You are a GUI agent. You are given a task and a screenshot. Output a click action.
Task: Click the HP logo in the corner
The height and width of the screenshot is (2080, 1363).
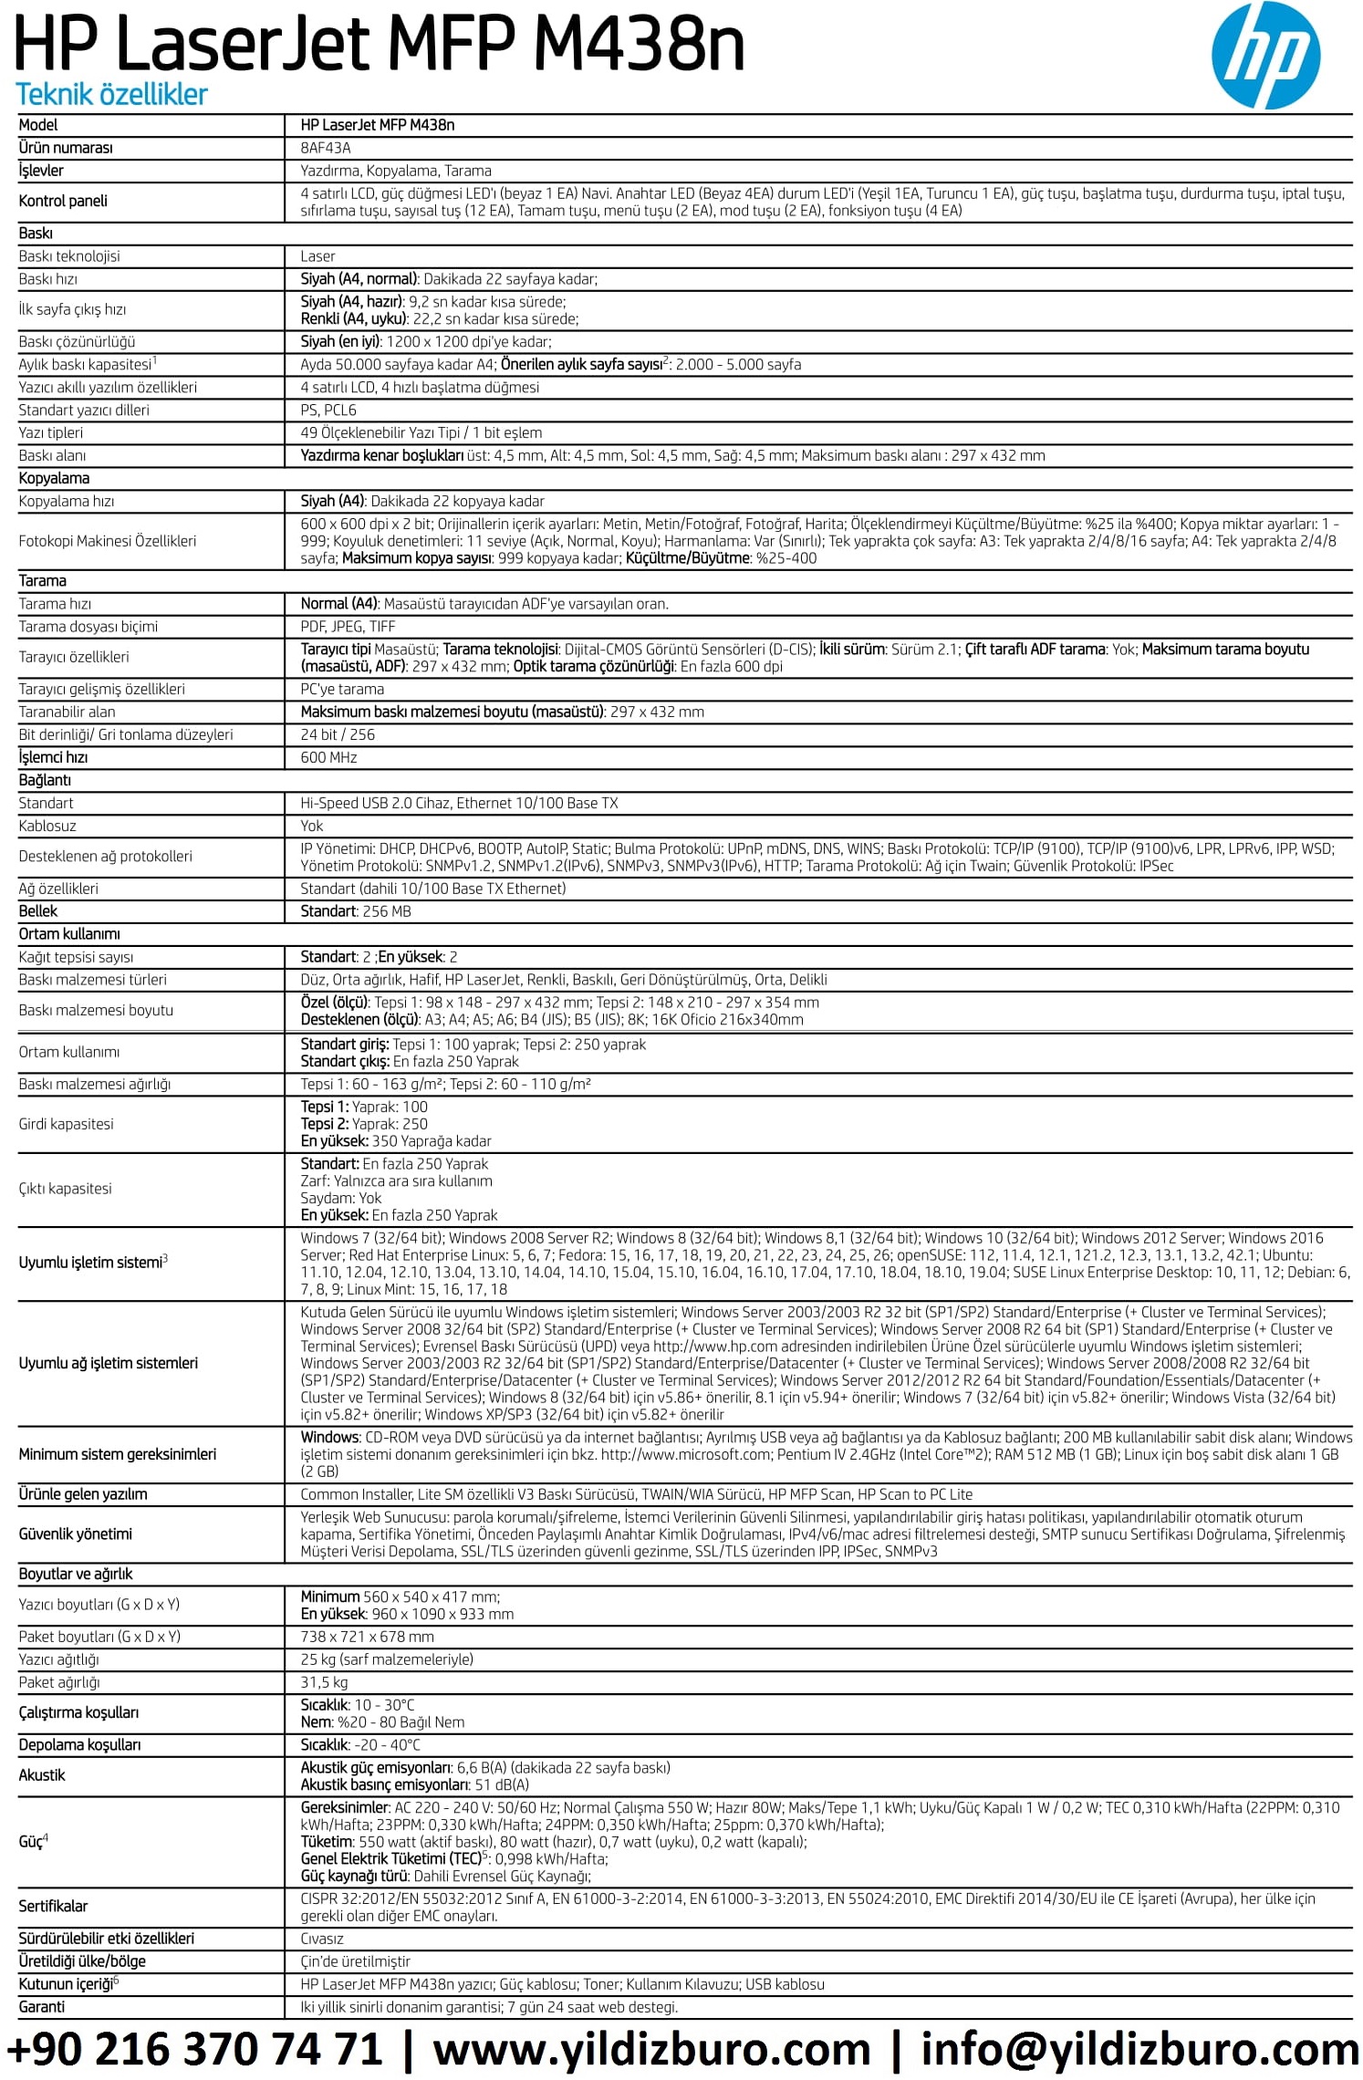click(1264, 57)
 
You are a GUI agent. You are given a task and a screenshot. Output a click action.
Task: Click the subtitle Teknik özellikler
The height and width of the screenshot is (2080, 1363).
click(111, 94)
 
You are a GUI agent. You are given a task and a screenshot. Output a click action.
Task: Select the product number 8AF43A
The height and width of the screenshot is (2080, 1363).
click(326, 148)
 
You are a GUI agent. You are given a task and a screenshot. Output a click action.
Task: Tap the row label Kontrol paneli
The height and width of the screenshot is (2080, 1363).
click(63, 201)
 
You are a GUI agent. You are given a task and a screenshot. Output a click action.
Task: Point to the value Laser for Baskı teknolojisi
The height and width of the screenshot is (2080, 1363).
click(317, 256)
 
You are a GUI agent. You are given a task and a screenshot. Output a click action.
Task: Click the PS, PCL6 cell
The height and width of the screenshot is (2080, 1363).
click(328, 410)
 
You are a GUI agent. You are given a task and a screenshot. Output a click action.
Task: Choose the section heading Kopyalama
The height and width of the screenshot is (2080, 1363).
click(54, 478)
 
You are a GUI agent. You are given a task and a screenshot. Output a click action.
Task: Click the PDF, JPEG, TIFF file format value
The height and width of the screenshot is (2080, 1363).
click(348, 627)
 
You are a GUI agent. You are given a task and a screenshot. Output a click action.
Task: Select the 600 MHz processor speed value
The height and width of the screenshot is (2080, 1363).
click(328, 757)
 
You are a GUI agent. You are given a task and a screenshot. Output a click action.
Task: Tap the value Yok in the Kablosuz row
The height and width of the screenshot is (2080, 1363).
click(312, 826)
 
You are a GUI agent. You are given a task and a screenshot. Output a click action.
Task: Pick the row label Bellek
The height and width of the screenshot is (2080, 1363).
click(38, 910)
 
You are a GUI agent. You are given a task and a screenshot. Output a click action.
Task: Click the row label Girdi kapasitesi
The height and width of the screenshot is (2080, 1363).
click(66, 1124)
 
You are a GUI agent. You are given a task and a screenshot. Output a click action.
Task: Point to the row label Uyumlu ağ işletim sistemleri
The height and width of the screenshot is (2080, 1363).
click(108, 1363)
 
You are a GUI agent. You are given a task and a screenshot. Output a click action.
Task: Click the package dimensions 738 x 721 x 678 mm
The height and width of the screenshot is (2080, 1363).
click(367, 1637)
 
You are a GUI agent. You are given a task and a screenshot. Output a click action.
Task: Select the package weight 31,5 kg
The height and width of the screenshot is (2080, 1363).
click(324, 1682)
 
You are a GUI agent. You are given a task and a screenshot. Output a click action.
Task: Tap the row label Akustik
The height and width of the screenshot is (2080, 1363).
click(42, 1775)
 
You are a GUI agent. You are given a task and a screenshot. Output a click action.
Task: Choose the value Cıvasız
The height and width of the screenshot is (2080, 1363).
click(322, 1939)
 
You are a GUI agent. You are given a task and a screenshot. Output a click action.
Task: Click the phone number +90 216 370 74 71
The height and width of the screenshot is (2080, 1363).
click(194, 2049)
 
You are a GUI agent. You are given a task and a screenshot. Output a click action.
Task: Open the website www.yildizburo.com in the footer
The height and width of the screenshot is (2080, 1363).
click(651, 2049)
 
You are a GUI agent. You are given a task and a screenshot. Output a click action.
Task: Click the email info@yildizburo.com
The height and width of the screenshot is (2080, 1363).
click(1139, 2049)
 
